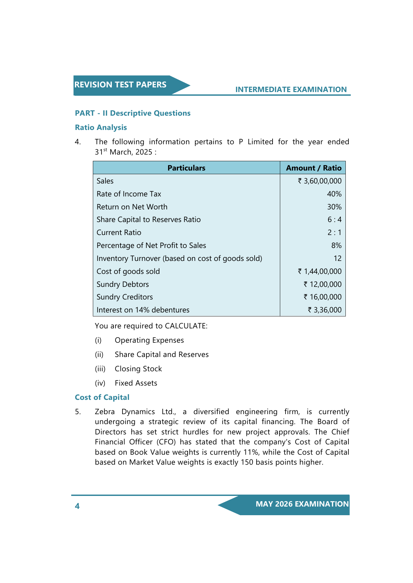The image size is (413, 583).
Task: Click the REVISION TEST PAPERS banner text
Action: point(120,85)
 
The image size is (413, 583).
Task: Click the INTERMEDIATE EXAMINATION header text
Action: point(291,89)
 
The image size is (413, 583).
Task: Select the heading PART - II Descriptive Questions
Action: point(132,113)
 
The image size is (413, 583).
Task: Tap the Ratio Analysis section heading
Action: point(101,127)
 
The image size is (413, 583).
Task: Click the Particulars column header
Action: point(186,168)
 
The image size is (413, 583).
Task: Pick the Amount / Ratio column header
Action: point(313,168)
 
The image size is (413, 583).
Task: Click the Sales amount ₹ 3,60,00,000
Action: point(319,181)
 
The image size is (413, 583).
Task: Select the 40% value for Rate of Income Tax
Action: point(334,194)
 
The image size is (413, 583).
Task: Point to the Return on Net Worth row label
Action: point(132,207)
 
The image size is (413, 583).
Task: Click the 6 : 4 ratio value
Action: point(334,219)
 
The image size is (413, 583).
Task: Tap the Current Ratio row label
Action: point(119,232)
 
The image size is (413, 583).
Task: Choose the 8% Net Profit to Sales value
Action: point(336,245)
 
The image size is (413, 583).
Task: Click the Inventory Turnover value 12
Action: point(337,258)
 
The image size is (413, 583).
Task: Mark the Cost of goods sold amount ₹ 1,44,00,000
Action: point(319,271)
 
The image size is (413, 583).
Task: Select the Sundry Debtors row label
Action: point(122,284)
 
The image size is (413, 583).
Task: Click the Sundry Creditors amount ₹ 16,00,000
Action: point(322,297)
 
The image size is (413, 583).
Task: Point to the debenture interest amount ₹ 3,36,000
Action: point(324,310)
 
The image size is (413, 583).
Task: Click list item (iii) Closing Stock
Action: point(138,369)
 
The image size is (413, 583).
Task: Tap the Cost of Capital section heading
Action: point(102,397)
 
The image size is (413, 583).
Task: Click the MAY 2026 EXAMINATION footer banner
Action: point(302,504)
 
